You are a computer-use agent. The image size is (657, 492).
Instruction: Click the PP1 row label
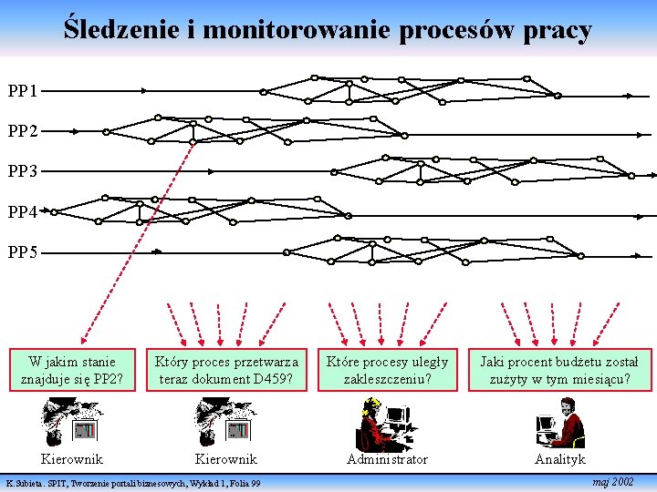[x=23, y=91]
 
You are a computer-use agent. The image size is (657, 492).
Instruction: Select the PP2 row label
[x=23, y=131]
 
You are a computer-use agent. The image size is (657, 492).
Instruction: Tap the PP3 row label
[x=23, y=171]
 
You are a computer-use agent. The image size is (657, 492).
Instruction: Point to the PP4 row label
[x=23, y=211]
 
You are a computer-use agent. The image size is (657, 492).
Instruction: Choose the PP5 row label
[x=23, y=251]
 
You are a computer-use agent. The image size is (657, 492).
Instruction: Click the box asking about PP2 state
[x=72, y=370]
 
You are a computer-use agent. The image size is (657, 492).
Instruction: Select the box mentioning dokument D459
[x=226, y=370]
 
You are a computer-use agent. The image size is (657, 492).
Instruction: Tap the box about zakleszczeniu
[x=387, y=370]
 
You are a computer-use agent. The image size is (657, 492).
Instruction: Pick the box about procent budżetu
[x=559, y=370]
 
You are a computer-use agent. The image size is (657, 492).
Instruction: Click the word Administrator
[x=387, y=459]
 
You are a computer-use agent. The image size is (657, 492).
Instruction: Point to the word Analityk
[x=559, y=459]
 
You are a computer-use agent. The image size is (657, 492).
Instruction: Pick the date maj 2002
[x=612, y=481]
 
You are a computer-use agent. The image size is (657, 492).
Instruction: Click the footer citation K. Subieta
[x=133, y=483]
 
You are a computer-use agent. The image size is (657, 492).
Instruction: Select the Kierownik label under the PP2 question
[x=72, y=459]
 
